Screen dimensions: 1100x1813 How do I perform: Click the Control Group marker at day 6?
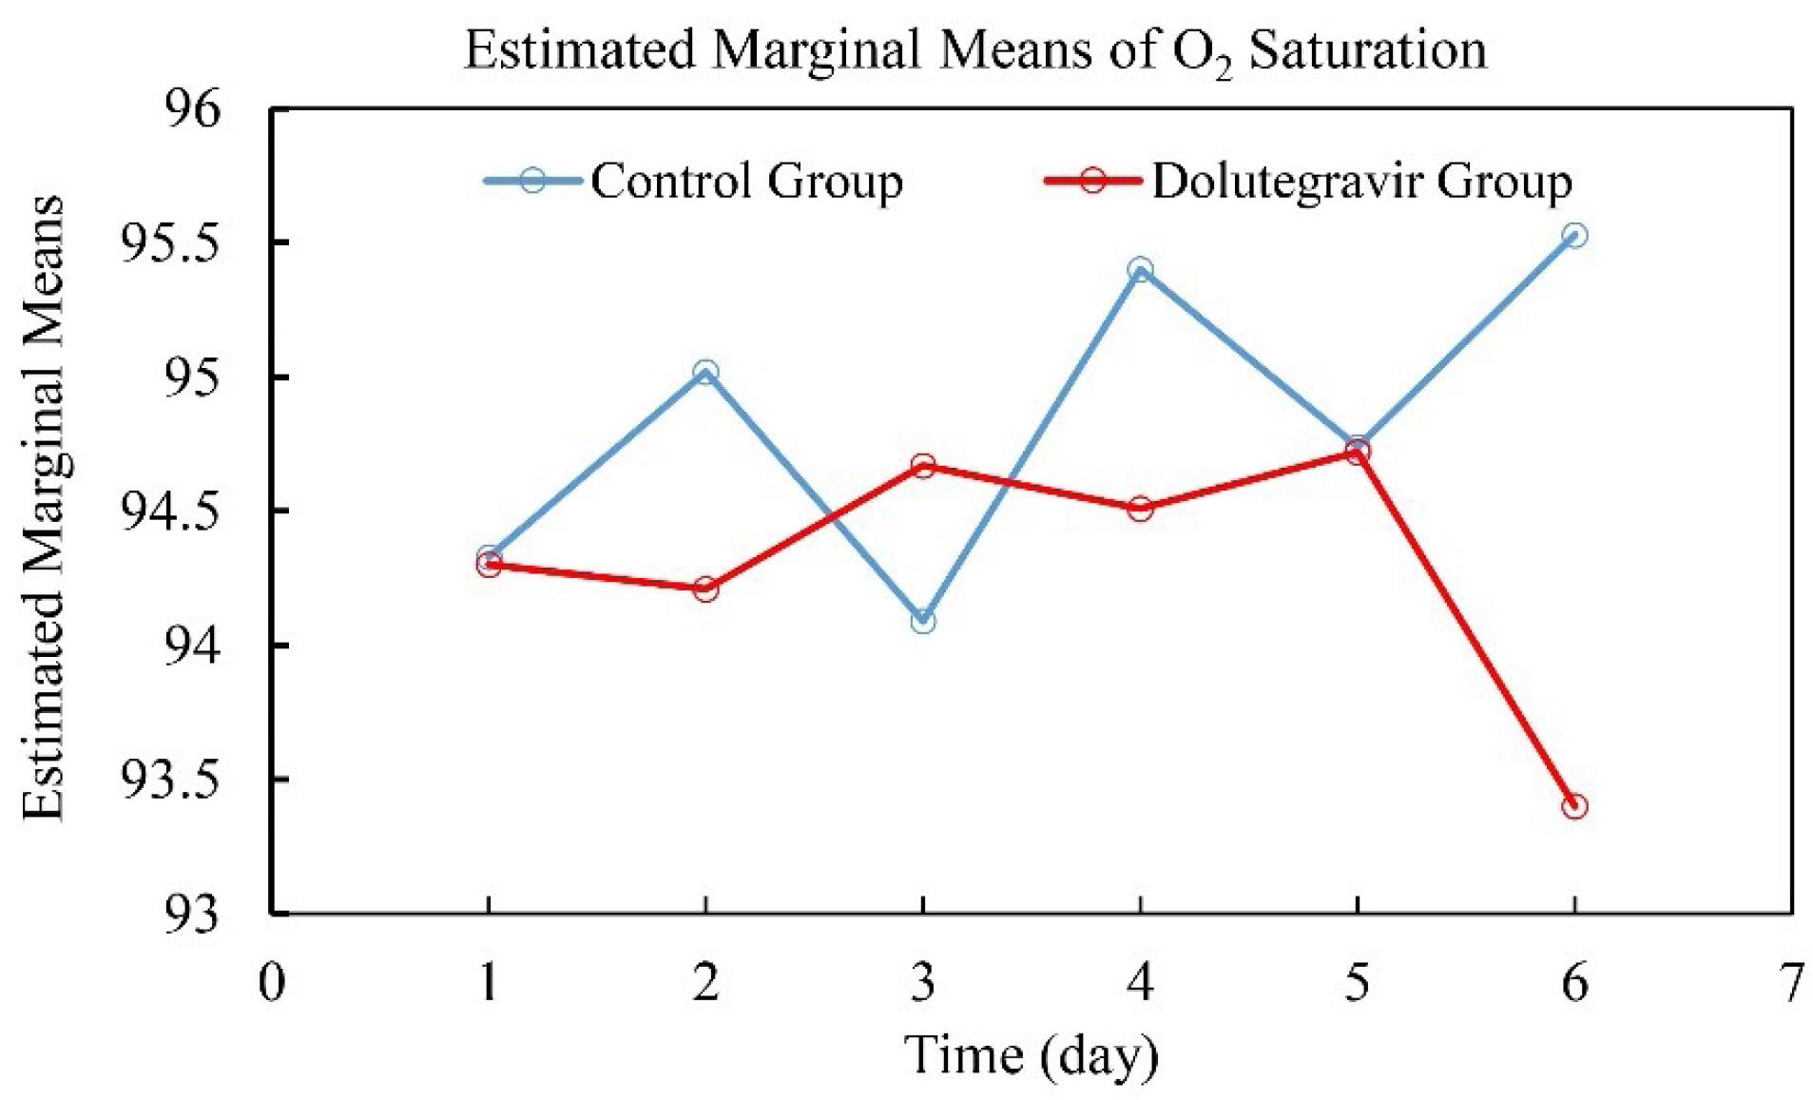[x=1574, y=235]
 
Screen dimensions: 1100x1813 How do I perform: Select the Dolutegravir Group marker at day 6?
[x=1574, y=806]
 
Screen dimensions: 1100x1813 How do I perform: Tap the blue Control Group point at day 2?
[x=705, y=372]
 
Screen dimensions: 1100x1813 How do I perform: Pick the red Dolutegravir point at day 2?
[x=705, y=589]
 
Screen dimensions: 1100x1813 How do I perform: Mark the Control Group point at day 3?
[x=922, y=621]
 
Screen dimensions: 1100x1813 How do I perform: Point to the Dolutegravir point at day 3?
[x=922, y=466]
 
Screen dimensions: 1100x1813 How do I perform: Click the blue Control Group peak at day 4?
[x=1140, y=270]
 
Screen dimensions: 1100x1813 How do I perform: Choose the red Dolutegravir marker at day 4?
[x=1140, y=509]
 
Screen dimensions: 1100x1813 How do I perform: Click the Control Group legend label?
[x=746, y=181]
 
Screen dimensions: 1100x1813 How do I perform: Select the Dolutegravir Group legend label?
[x=1361, y=181]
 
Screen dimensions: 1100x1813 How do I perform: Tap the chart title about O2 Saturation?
[x=974, y=51]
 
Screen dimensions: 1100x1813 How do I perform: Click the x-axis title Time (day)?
[x=1032, y=1055]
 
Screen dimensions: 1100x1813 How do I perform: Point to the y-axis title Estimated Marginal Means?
[x=44, y=509]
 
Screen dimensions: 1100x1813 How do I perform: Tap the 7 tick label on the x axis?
[x=1791, y=982]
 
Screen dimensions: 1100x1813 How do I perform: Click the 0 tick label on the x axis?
[x=272, y=982]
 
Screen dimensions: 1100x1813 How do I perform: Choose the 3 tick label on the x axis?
[x=922, y=982]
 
